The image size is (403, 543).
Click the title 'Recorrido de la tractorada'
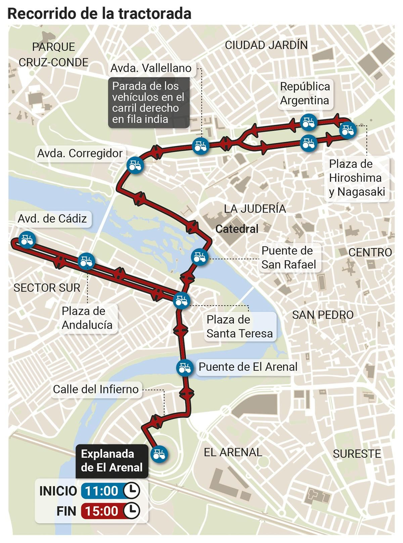click(x=99, y=14)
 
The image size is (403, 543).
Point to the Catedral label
click(x=237, y=229)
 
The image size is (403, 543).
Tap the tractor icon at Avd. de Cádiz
click(x=27, y=240)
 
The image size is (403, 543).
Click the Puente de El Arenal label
click(x=248, y=367)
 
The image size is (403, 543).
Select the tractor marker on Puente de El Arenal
click(x=185, y=368)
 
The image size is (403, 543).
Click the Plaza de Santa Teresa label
click(x=240, y=327)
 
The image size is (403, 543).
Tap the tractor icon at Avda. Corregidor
click(x=135, y=165)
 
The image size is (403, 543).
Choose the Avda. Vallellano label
click(x=151, y=68)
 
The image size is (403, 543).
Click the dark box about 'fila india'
click(x=149, y=103)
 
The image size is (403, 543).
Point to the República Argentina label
click(x=305, y=94)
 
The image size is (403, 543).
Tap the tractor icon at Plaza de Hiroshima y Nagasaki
click(x=348, y=130)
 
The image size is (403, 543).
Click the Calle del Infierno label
click(x=96, y=389)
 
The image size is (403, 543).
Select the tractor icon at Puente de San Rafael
click(x=199, y=257)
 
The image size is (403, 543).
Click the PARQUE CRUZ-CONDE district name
click(x=53, y=54)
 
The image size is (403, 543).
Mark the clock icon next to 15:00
click(x=131, y=511)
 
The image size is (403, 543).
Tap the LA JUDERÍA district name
click(x=255, y=209)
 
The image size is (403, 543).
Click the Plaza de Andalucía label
click(x=87, y=318)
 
